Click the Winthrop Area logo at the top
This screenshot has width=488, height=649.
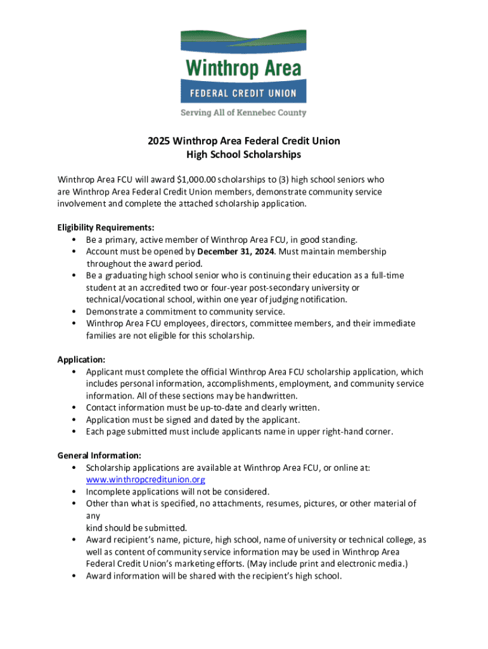(x=243, y=66)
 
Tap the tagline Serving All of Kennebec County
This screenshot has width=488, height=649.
(x=243, y=113)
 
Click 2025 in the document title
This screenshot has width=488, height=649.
(x=158, y=141)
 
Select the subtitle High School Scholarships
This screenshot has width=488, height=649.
(x=243, y=155)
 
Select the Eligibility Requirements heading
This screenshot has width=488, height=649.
(x=106, y=228)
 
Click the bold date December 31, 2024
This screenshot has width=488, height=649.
(x=236, y=252)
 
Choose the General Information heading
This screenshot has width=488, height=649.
(x=99, y=456)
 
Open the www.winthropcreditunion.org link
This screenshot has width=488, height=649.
(x=145, y=480)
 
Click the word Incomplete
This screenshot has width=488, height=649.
(x=108, y=492)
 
